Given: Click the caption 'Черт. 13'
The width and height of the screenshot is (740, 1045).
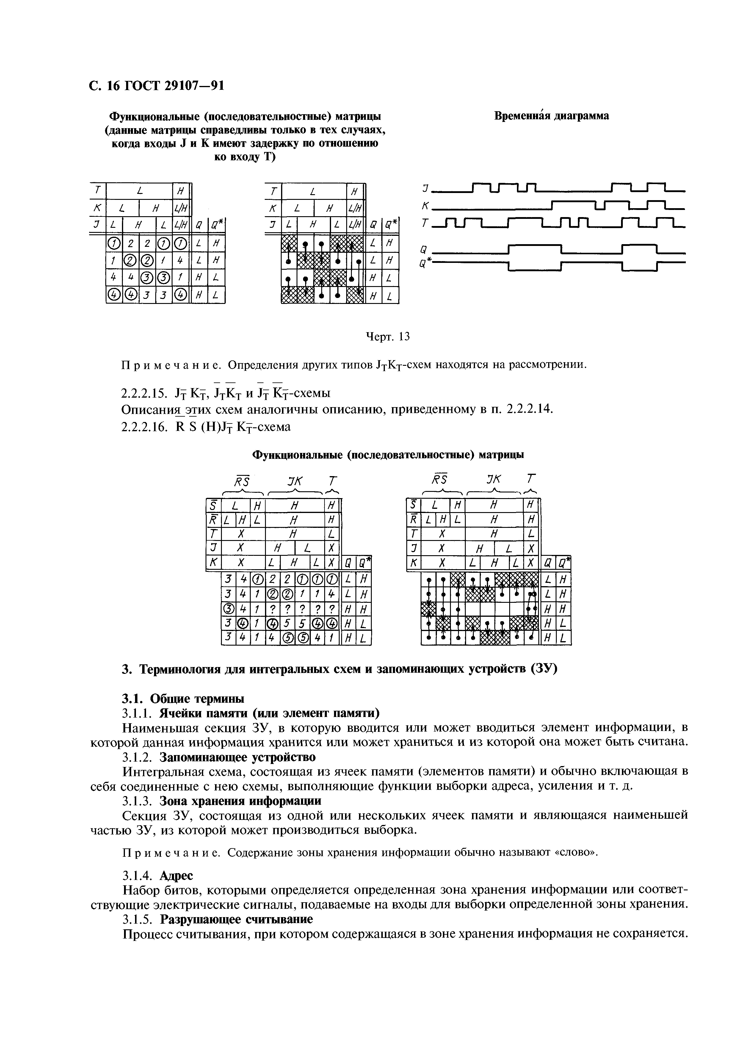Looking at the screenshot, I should click(x=388, y=337).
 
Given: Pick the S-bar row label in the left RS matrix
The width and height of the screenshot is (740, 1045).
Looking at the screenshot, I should click(x=212, y=506).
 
